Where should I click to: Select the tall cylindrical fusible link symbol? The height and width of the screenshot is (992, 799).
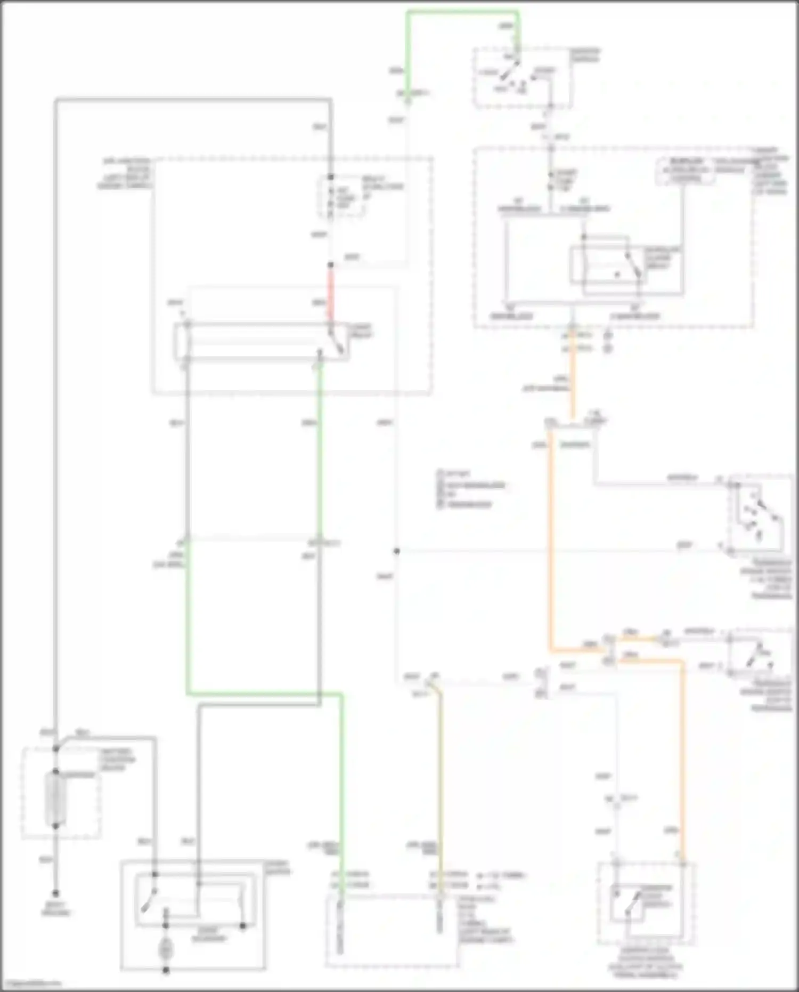pyautogui.click(x=55, y=798)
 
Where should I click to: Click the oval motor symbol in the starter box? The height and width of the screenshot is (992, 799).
pyautogui.click(x=166, y=949)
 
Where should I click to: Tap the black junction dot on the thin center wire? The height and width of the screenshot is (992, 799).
pyautogui.click(x=396, y=551)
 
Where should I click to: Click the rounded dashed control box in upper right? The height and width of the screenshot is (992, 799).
pyautogui.click(x=686, y=170)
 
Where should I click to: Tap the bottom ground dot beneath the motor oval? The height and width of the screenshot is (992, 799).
pyautogui.click(x=166, y=971)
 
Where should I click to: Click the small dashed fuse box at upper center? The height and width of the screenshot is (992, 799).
pyautogui.click(x=343, y=196)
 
